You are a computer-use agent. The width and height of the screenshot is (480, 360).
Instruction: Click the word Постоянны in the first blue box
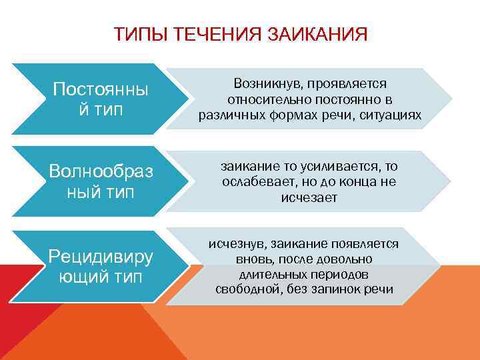coord(100,89)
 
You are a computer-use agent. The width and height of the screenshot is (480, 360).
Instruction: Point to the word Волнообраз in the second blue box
coord(101,171)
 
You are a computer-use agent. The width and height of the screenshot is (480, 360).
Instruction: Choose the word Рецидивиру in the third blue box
coord(101,256)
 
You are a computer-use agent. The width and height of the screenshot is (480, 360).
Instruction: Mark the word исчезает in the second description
coord(309,197)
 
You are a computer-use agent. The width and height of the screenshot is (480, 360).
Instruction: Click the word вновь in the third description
coord(252,259)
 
